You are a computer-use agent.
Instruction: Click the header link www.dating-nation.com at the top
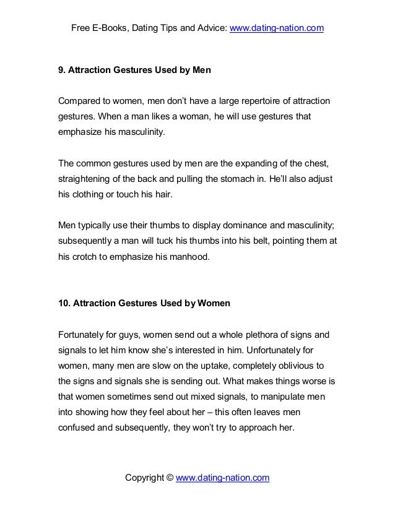coord(277,28)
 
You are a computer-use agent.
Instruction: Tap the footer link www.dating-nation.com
coord(223,478)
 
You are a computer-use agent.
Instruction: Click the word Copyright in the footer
coord(147,478)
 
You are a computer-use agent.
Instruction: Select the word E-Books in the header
coord(111,28)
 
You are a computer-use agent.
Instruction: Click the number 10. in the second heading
coord(64,304)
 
